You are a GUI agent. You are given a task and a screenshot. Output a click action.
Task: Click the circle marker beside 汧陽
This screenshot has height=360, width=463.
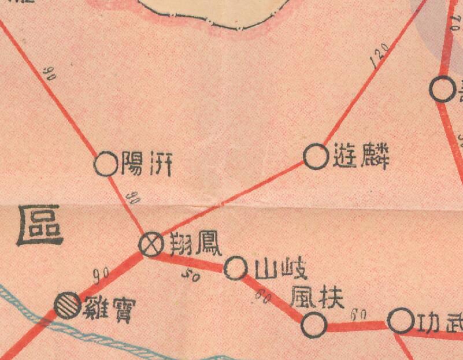(x=106, y=164)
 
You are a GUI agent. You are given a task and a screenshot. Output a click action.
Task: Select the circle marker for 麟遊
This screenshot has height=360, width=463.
(x=316, y=157)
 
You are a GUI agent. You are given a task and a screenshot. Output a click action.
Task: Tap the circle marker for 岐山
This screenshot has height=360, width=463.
(x=236, y=268)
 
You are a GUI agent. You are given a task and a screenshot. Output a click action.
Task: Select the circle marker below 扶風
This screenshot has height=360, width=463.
(x=313, y=324)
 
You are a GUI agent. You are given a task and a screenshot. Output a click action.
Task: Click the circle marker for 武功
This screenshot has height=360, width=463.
(x=399, y=321)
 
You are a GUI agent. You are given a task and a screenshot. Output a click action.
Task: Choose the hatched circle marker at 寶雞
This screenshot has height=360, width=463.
(x=66, y=304)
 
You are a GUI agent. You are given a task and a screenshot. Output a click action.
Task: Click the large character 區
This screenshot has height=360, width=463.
(x=39, y=227)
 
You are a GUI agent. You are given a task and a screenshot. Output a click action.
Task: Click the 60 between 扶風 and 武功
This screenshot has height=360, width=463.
(x=357, y=314)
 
